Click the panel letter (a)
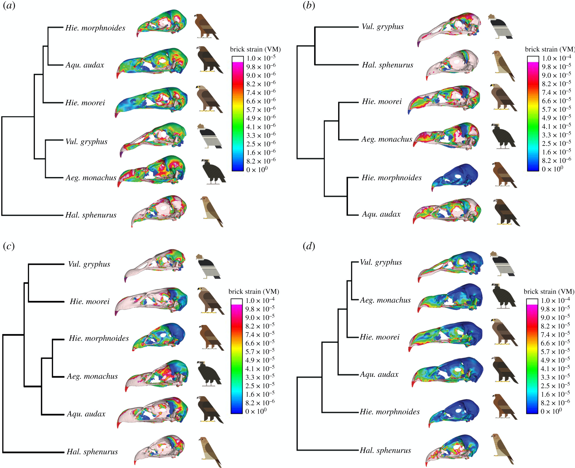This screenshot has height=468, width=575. click(x=9, y=5)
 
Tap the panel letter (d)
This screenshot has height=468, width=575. click(x=309, y=246)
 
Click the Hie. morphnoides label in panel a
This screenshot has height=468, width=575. click(x=95, y=28)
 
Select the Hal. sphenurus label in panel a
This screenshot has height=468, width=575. click(x=91, y=215)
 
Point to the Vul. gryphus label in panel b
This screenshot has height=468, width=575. click(x=382, y=27)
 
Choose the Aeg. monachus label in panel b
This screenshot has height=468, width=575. click(x=387, y=139)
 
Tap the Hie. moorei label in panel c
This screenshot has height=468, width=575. click(x=90, y=301)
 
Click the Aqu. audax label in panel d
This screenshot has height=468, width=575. click(x=379, y=374)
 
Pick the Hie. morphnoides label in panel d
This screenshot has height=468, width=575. click(x=390, y=412)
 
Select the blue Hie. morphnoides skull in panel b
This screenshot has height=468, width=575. click(x=455, y=177)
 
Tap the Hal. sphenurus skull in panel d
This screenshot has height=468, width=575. click(x=452, y=450)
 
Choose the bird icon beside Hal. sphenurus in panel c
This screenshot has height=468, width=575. click(x=210, y=452)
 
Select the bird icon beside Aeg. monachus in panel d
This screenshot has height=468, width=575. click(x=504, y=296)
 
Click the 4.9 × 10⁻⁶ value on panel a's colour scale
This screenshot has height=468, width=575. click(x=261, y=118)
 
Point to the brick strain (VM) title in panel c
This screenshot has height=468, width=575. click(x=254, y=292)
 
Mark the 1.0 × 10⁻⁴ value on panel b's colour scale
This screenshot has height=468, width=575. click(x=556, y=58)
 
